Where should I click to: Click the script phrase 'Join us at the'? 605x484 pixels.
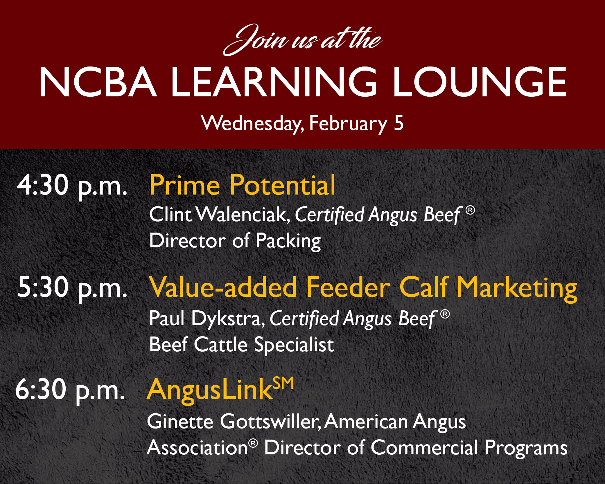[302, 40]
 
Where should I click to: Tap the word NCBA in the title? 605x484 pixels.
[98, 82]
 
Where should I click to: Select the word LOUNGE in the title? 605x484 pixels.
[480, 82]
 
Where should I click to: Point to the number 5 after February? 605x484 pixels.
[399, 123]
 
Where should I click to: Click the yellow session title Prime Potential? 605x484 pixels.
[242, 185]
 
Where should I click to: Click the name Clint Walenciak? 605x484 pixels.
[220, 215]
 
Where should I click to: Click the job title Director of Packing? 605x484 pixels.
[235, 241]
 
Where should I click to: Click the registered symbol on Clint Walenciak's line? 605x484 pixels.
[470, 210]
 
